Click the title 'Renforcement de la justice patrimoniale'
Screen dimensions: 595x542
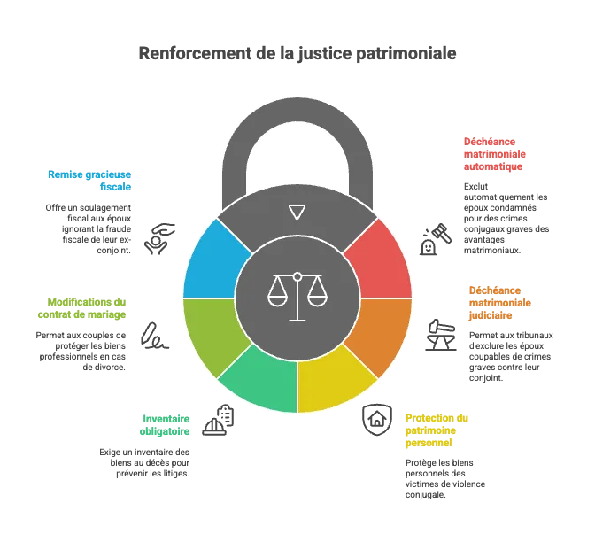(x=297, y=53)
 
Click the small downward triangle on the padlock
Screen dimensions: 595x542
(x=297, y=213)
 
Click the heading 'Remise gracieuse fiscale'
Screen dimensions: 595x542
(x=89, y=181)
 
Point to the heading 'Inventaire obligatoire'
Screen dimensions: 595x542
(x=165, y=425)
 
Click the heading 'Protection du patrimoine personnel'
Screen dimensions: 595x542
(x=437, y=430)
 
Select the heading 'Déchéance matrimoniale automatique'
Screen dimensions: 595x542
(x=495, y=154)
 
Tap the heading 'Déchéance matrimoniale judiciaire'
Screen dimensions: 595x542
(x=500, y=303)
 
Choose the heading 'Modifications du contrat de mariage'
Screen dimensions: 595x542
(x=82, y=308)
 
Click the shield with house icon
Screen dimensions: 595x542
(x=377, y=420)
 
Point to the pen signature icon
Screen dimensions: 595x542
(x=154, y=336)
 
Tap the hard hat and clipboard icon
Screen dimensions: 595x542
(x=218, y=420)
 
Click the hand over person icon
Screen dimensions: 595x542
(x=159, y=239)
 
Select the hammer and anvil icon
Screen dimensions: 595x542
(x=441, y=335)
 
